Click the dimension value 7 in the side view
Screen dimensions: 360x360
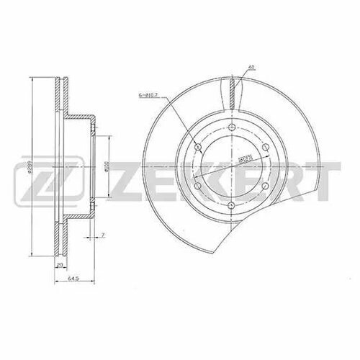pyautogui.click(x=103, y=235)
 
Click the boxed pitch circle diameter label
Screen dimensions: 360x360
pyautogui.click(x=243, y=157)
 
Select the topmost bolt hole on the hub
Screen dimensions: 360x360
pyautogui.click(x=229, y=130)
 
